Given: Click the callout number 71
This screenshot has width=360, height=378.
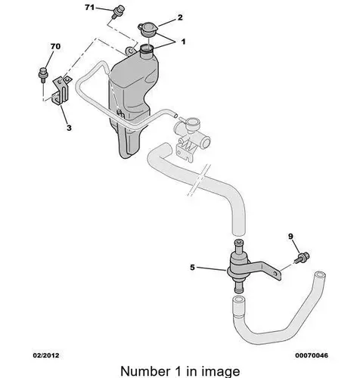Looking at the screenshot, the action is click(89, 8).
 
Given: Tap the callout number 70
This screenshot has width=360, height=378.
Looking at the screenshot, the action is click(55, 46).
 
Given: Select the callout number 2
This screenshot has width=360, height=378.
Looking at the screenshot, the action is click(180, 17).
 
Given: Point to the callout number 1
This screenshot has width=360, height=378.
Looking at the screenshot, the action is click(183, 42).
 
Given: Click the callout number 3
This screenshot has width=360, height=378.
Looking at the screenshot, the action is click(69, 128).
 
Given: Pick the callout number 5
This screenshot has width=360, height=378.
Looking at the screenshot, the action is click(192, 268).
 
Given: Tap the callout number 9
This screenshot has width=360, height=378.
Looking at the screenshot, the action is click(290, 237).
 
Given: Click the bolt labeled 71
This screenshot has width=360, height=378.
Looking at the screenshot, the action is click(118, 11).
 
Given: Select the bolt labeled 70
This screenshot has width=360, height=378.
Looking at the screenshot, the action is click(43, 75).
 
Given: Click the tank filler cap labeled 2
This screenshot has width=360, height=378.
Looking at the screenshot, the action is click(147, 29).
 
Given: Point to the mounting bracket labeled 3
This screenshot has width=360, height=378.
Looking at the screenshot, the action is click(61, 91).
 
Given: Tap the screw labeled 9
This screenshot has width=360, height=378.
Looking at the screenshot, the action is click(303, 257).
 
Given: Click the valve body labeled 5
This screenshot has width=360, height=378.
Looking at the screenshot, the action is click(238, 265).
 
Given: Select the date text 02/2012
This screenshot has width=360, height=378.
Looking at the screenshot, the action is click(46, 355).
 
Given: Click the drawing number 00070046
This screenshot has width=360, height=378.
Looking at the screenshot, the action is click(312, 355).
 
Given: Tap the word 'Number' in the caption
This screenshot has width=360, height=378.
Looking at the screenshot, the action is click(145, 371).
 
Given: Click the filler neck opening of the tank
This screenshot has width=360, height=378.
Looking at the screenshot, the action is click(147, 48).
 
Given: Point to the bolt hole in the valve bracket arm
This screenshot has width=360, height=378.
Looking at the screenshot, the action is click(275, 273).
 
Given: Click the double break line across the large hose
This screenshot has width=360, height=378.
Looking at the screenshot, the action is click(199, 180).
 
